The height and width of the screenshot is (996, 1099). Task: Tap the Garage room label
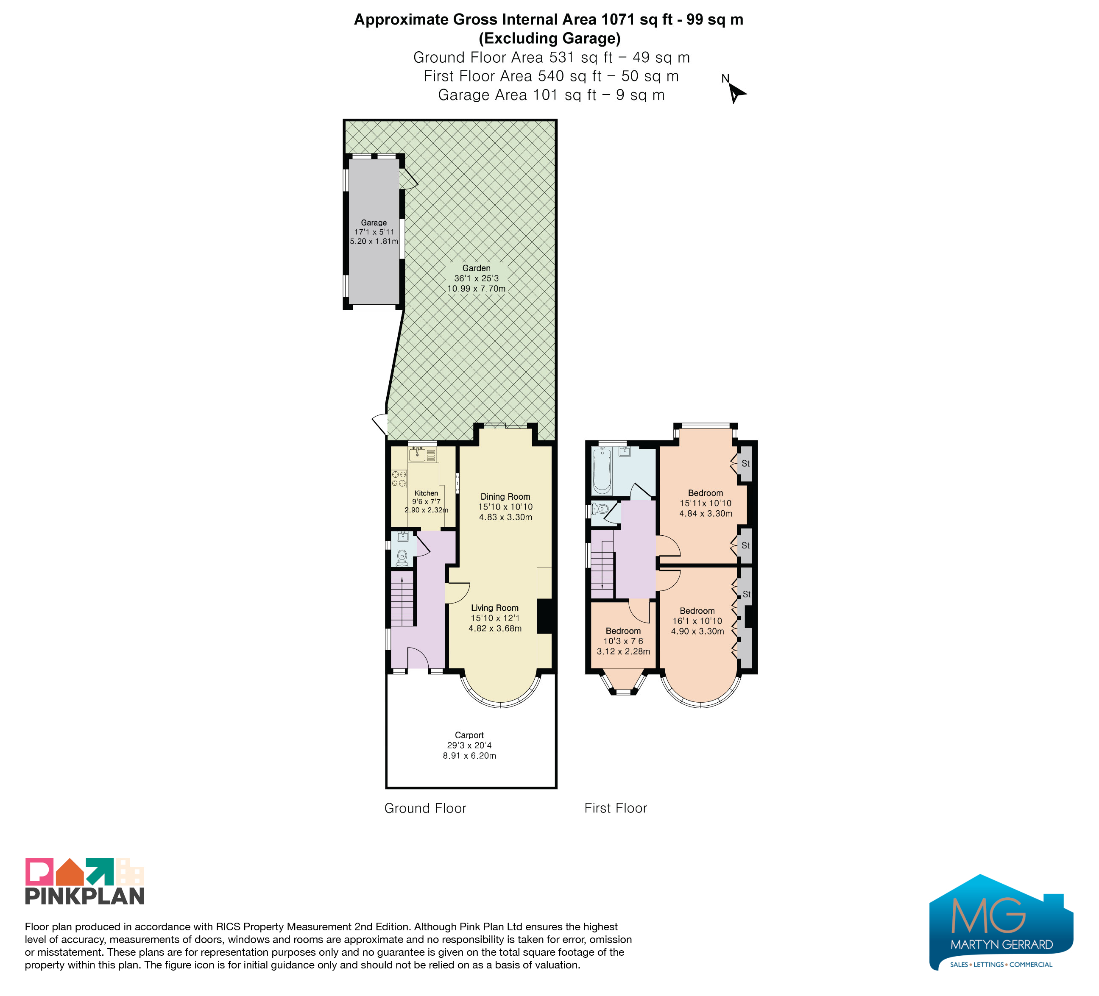click(x=374, y=223)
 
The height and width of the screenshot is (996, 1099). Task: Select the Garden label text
click(x=477, y=268)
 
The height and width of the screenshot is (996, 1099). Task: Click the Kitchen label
click(x=426, y=493)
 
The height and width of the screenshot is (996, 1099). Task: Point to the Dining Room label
click(x=505, y=496)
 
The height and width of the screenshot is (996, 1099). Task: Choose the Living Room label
click(x=495, y=607)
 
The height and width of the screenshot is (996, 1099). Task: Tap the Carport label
click(x=469, y=735)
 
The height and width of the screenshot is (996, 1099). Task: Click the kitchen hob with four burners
click(x=399, y=479)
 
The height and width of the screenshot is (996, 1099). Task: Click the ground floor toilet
click(x=402, y=557)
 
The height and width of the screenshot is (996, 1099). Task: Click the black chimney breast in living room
click(x=544, y=616)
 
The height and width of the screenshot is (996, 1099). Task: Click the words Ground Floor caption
click(x=425, y=808)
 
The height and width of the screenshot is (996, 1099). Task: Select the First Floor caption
click(x=616, y=808)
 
